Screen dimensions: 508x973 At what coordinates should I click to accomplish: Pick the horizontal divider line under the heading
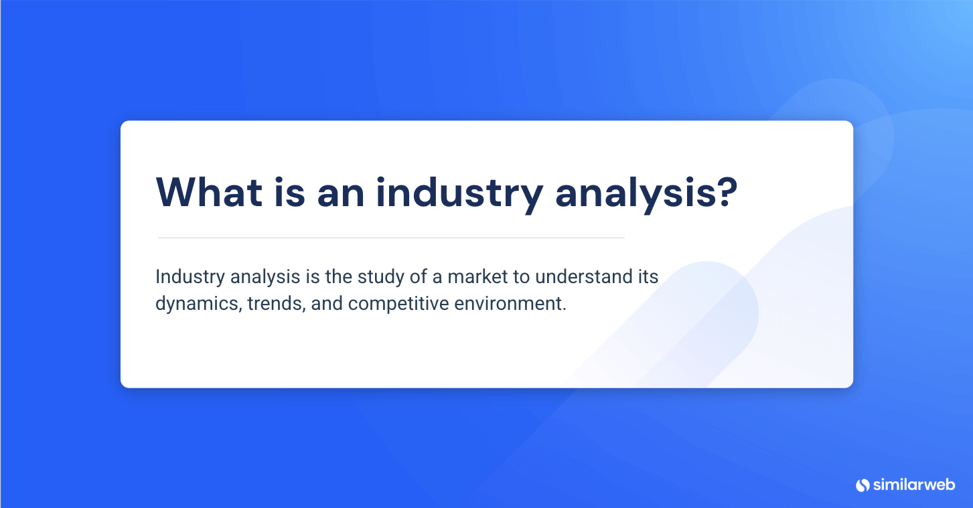click(391, 238)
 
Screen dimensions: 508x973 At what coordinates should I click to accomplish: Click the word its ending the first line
click(648, 276)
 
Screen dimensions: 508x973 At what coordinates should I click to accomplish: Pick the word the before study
click(338, 276)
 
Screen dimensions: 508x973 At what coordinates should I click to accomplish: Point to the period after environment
click(565, 309)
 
